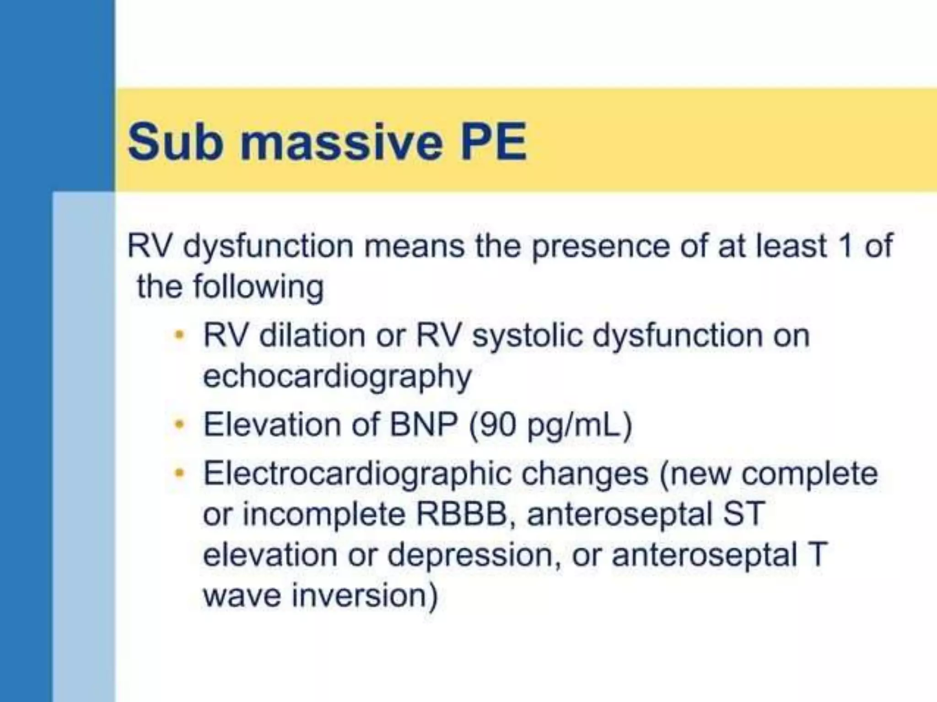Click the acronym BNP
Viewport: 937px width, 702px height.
423,424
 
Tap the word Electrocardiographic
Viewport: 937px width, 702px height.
357,474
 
